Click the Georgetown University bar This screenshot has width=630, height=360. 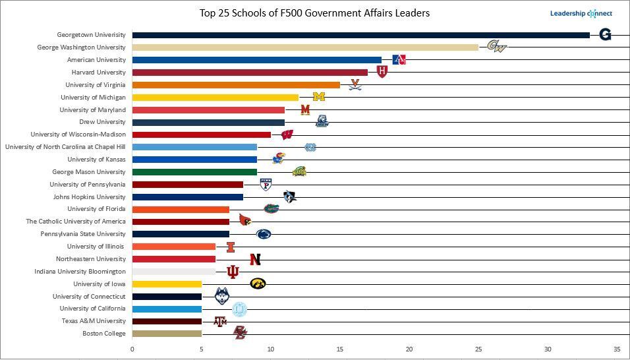pos(360,35)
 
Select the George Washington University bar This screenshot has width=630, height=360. pos(304,47)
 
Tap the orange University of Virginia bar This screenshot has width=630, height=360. pos(236,84)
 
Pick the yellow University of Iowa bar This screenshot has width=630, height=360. pos(167,284)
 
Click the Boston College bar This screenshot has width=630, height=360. pos(167,334)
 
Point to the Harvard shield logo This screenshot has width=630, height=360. pos(382,72)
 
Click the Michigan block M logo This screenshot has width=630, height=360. pos(319,97)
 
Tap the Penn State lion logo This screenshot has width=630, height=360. pos(264,234)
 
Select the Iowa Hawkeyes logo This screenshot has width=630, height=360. pos(258,284)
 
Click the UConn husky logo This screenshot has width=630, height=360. pos(223,296)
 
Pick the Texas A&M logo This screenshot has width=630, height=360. pos(220,322)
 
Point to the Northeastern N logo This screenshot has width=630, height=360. pos(255,260)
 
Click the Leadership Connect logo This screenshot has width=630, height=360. pos(581,13)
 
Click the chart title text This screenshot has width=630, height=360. pos(315,13)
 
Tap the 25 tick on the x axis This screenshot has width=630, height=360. pos(478,349)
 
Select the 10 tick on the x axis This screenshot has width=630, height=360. pos(271,349)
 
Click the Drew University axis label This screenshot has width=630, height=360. pos(102,122)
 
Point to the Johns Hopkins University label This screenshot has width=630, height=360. pos(89,196)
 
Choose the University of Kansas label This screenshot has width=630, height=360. pos(96,160)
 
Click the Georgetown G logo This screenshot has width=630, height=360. pos(605,35)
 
